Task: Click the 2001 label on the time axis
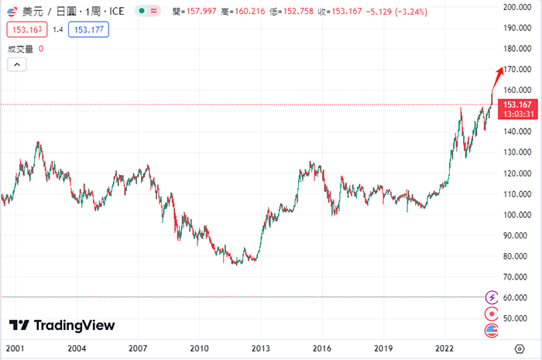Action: coord(15,348)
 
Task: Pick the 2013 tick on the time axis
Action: coord(260,348)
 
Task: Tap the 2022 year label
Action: coord(444,348)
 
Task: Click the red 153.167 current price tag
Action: coord(516,104)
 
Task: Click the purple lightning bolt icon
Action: coord(491,297)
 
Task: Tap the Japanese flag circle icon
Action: coord(491,314)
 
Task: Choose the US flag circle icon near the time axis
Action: coord(491,331)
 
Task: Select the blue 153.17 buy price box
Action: coord(89,29)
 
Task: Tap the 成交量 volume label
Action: coord(20,49)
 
